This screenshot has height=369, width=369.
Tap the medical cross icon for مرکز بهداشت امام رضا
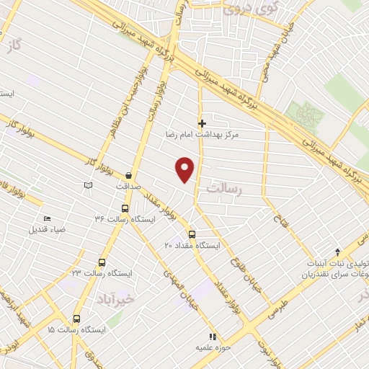pyautogui.click(x=203, y=123)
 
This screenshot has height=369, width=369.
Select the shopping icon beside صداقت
pyautogui.click(x=128, y=174)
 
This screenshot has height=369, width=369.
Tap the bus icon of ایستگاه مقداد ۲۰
pyautogui.click(x=192, y=234)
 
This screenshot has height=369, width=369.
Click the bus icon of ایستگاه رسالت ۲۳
pyautogui.click(x=102, y=263)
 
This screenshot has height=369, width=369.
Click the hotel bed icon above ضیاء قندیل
pyautogui.click(x=48, y=219)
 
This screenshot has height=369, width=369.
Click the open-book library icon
pyautogui.click(x=89, y=186)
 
